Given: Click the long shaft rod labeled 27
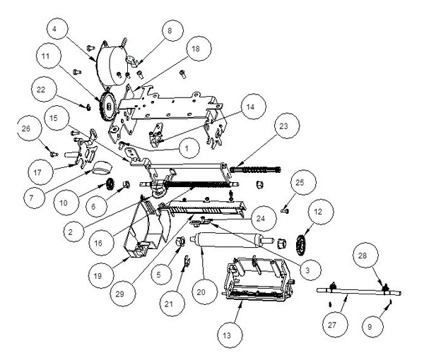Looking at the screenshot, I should click(357, 290).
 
